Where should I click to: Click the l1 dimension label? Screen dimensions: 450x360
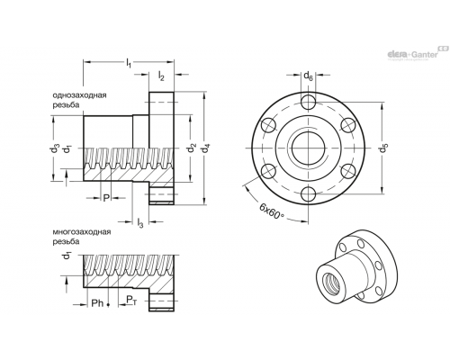tap(129, 63)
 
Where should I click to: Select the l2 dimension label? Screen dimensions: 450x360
tap(161, 76)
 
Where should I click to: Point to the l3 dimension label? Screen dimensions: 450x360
tap(140, 222)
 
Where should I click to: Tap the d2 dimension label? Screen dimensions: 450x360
tap(193, 148)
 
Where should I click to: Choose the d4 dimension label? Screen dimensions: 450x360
tap(206, 148)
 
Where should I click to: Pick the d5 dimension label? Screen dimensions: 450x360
tap(383, 148)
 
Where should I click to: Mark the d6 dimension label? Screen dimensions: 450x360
tap(308, 76)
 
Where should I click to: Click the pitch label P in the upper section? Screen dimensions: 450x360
tap(105, 198)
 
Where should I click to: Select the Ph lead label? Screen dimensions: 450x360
tap(97, 303)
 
